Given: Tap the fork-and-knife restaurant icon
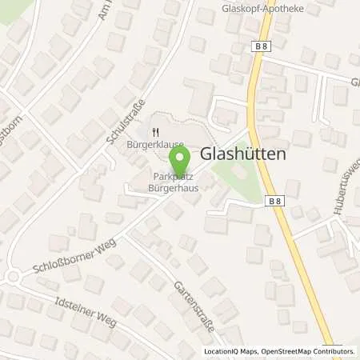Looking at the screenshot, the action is (157, 133).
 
